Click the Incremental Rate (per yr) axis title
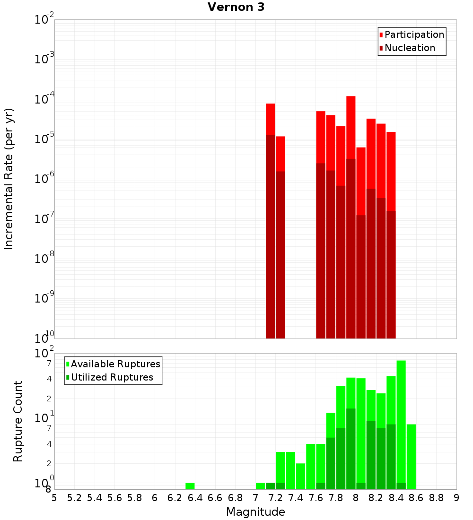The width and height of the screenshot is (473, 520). tap(9, 179)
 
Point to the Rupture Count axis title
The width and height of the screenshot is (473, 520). tap(18, 421)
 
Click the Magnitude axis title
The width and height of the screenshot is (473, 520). tap(255, 512)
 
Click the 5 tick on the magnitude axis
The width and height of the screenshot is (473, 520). tap(54, 497)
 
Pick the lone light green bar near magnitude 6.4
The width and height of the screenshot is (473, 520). tap(190, 486)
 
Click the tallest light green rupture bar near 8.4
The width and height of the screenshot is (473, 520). tap(401, 421)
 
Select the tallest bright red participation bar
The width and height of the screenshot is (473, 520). tap(351, 128)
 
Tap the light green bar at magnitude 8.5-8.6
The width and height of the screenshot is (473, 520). tap(411, 456)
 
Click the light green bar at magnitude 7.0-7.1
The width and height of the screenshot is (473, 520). tap(260, 486)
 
